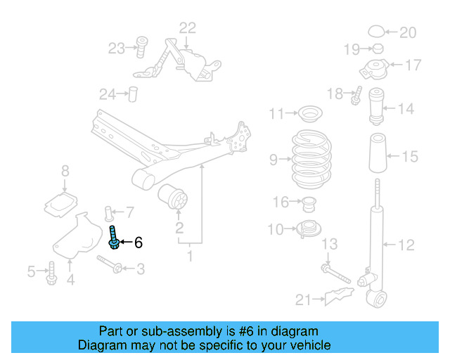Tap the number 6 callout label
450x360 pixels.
139,243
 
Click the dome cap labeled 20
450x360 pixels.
378,32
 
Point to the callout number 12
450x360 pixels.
406,245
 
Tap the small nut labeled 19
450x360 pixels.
376,49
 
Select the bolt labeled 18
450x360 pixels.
356,94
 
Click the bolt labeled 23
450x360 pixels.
140,47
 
